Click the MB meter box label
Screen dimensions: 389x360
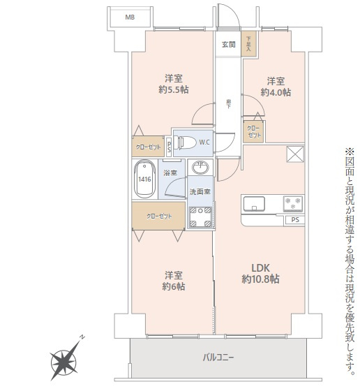129,16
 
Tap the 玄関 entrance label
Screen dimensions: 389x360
227,45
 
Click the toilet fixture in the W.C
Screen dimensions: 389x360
186,142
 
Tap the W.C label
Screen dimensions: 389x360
204,142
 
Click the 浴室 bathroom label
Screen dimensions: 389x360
170,172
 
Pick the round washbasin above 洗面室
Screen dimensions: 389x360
202,168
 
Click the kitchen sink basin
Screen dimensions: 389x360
253,204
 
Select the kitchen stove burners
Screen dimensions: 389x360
292,204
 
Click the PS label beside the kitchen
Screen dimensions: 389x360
295,221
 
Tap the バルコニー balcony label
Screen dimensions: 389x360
218,358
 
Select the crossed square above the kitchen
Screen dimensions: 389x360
295,154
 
